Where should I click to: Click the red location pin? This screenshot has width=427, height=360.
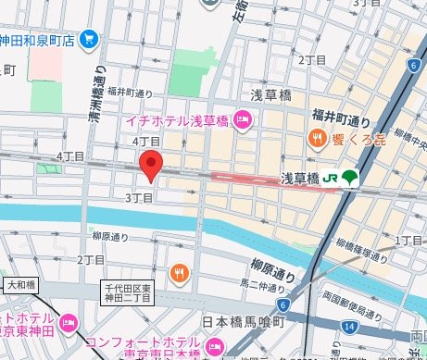[x=151, y=166]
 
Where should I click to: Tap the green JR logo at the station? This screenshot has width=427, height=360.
[x=331, y=178]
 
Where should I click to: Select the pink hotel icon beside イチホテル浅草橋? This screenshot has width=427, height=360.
[x=243, y=118]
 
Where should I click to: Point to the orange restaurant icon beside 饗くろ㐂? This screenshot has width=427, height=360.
[x=316, y=139]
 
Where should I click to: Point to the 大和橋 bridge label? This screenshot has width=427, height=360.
[x=23, y=284]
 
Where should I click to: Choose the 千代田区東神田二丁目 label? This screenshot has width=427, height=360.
[x=131, y=294]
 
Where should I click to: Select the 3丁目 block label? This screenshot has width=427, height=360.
[x=137, y=198]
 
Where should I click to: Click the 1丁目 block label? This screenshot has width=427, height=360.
[x=408, y=240]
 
